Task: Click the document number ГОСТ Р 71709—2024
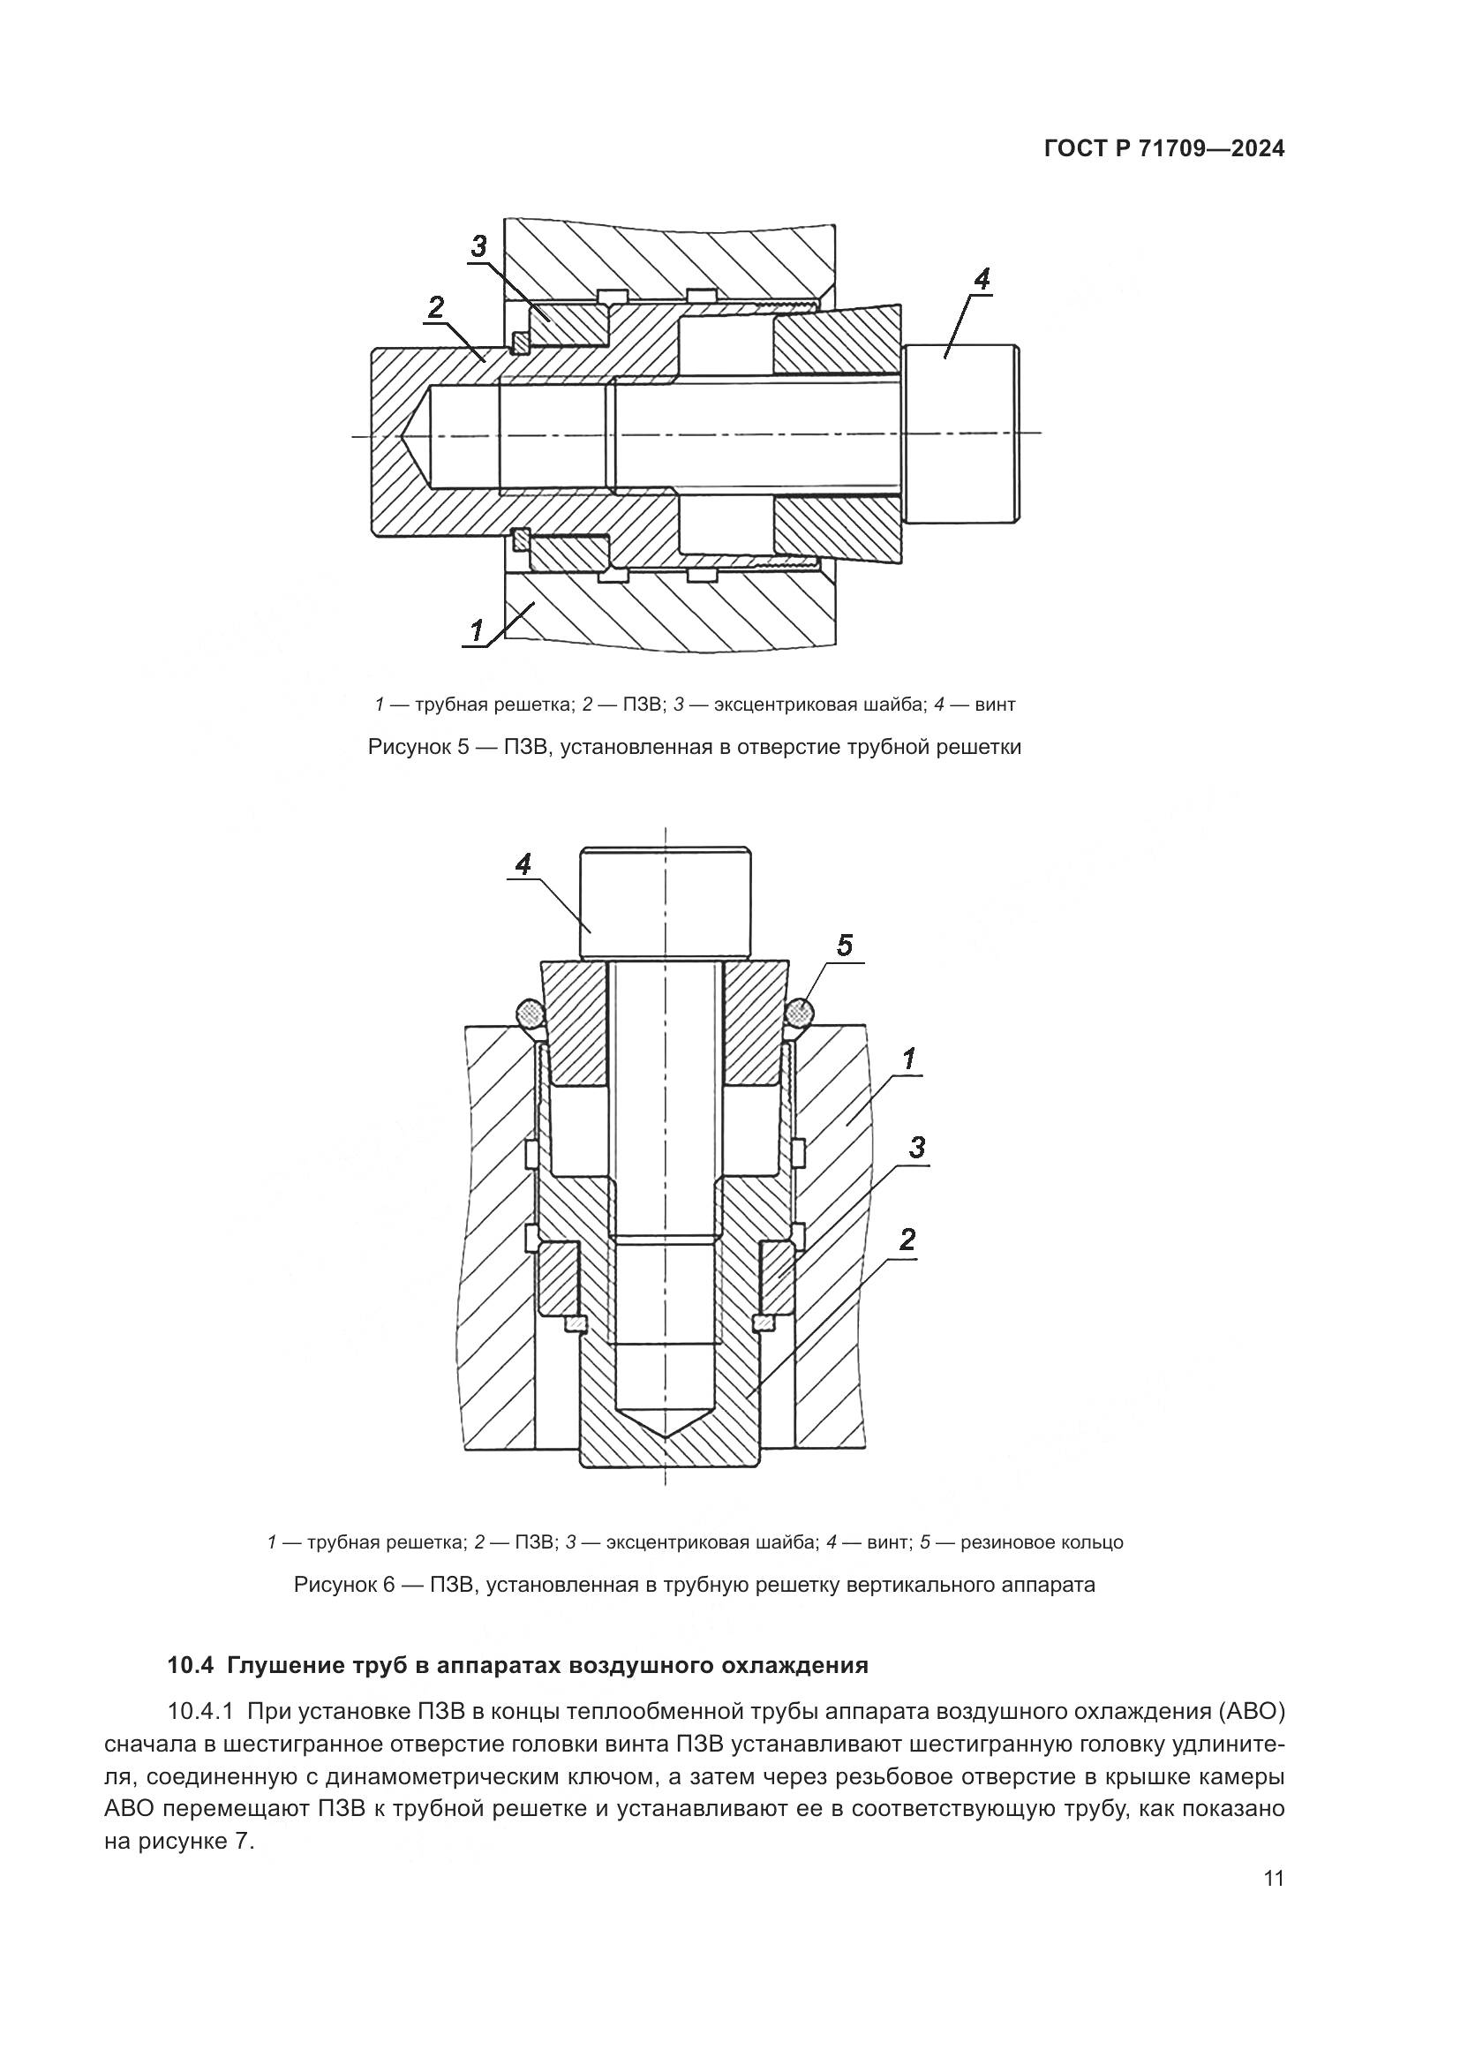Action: click(1164, 149)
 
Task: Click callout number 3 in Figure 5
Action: click(478, 245)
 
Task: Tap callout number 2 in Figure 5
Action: click(436, 307)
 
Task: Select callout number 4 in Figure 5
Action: click(982, 279)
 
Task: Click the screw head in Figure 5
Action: click(962, 434)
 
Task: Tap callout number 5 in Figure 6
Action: click(844, 946)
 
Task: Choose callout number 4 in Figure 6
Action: click(523, 864)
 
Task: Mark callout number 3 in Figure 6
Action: click(916, 1148)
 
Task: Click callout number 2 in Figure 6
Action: click(907, 1240)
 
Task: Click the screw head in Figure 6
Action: click(666, 903)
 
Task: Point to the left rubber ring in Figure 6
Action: click(531, 1014)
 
